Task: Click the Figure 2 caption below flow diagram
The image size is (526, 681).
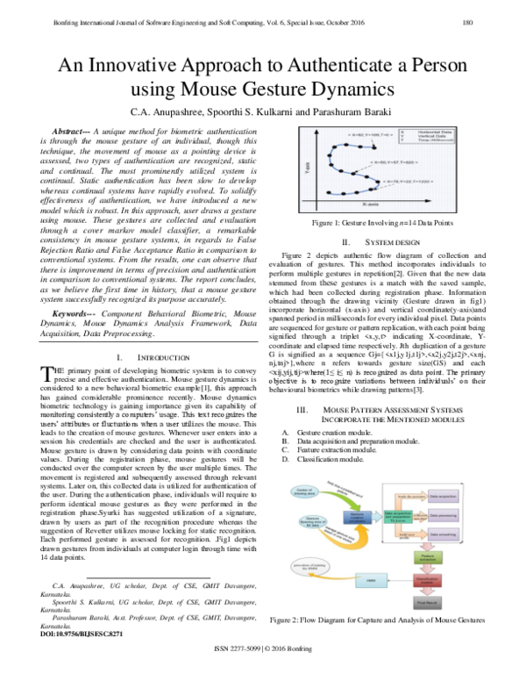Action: [x=380, y=620]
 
